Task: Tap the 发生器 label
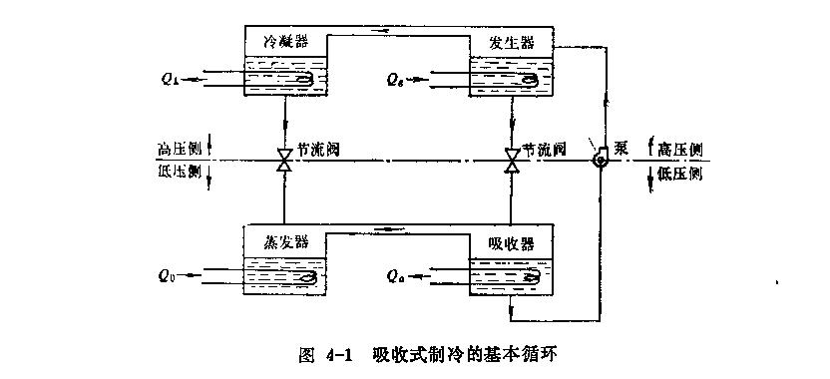pos(513,42)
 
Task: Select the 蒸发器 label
pos(284,243)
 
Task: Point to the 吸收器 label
pos(513,243)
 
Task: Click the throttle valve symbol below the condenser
pos(284,159)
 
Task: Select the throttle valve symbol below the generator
pos(512,159)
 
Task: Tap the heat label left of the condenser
pos(171,78)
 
